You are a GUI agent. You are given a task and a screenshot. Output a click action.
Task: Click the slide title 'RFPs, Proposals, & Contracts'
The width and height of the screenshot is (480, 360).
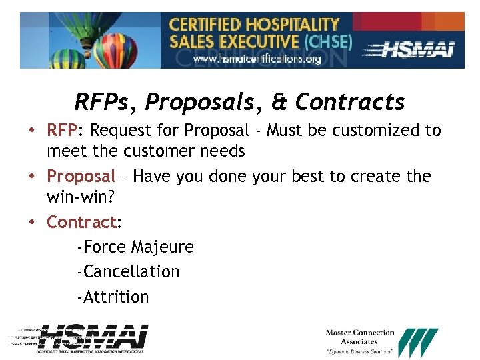pos(239,102)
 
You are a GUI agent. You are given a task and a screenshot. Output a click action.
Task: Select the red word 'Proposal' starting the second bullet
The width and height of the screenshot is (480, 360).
pos(81,177)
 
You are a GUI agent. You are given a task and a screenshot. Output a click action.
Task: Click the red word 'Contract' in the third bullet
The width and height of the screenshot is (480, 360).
pos(81,222)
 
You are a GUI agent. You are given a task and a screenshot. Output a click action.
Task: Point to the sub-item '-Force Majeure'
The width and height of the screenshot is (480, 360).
pos(135,247)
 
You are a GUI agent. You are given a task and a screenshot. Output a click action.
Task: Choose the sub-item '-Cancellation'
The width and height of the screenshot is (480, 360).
pos(128,272)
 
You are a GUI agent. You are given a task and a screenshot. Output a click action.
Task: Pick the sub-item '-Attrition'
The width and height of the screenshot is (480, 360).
pos(113,297)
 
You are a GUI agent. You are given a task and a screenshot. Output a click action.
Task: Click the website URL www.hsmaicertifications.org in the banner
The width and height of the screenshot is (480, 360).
pos(257,59)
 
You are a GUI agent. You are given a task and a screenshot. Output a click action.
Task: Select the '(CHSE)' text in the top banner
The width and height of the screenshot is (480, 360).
pos(327,41)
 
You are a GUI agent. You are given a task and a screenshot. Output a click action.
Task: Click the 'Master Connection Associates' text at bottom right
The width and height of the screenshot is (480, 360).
pos(359,337)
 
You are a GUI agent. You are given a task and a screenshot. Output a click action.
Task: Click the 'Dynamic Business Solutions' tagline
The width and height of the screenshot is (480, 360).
pos(359,351)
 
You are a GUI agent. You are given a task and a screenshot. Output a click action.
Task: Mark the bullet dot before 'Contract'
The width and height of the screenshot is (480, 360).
pos(32,222)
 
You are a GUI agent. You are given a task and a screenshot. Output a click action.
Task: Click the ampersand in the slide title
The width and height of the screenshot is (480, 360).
pos(281,102)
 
